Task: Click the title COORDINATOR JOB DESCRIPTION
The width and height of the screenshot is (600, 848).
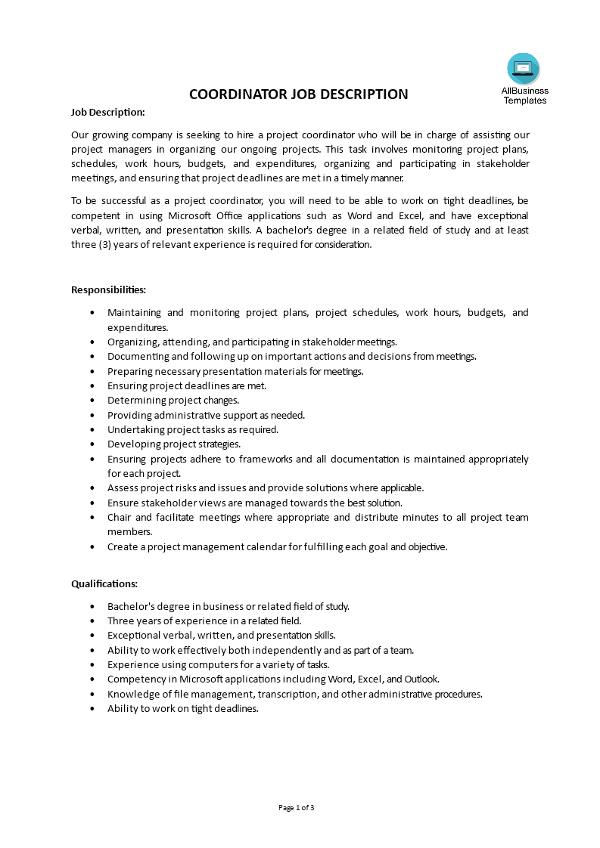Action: pyautogui.click(x=298, y=94)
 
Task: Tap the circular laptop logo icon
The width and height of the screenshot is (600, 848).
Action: pyautogui.click(x=524, y=69)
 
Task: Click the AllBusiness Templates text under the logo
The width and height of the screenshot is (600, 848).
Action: pyautogui.click(x=524, y=95)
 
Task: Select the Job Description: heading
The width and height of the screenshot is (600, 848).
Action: pyautogui.click(x=107, y=112)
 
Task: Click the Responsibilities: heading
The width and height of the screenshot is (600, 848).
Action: pyautogui.click(x=108, y=289)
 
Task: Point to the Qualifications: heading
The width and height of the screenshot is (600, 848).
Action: pyautogui.click(x=104, y=583)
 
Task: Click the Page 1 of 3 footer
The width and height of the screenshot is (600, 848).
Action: pyautogui.click(x=297, y=807)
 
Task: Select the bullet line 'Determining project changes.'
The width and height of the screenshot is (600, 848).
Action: pyautogui.click(x=173, y=401)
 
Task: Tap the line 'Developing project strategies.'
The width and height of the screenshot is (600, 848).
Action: pyautogui.click(x=174, y=444)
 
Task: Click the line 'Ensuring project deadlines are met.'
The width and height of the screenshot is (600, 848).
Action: pyautogui.click(x=187, y=385)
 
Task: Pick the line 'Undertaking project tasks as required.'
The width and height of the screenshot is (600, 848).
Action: pyautogui.click(x=193, y=429)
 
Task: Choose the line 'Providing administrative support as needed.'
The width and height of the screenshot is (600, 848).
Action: pyautogui.click(x=206, y=415)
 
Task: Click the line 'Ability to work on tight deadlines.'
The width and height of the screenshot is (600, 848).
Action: pyautogui.click(x=183, y=709)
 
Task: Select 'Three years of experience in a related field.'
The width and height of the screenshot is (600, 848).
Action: pyautogui.click(x=204, y=621)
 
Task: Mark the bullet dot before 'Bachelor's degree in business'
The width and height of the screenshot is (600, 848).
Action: pyautogui.click(x=92, y=606)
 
